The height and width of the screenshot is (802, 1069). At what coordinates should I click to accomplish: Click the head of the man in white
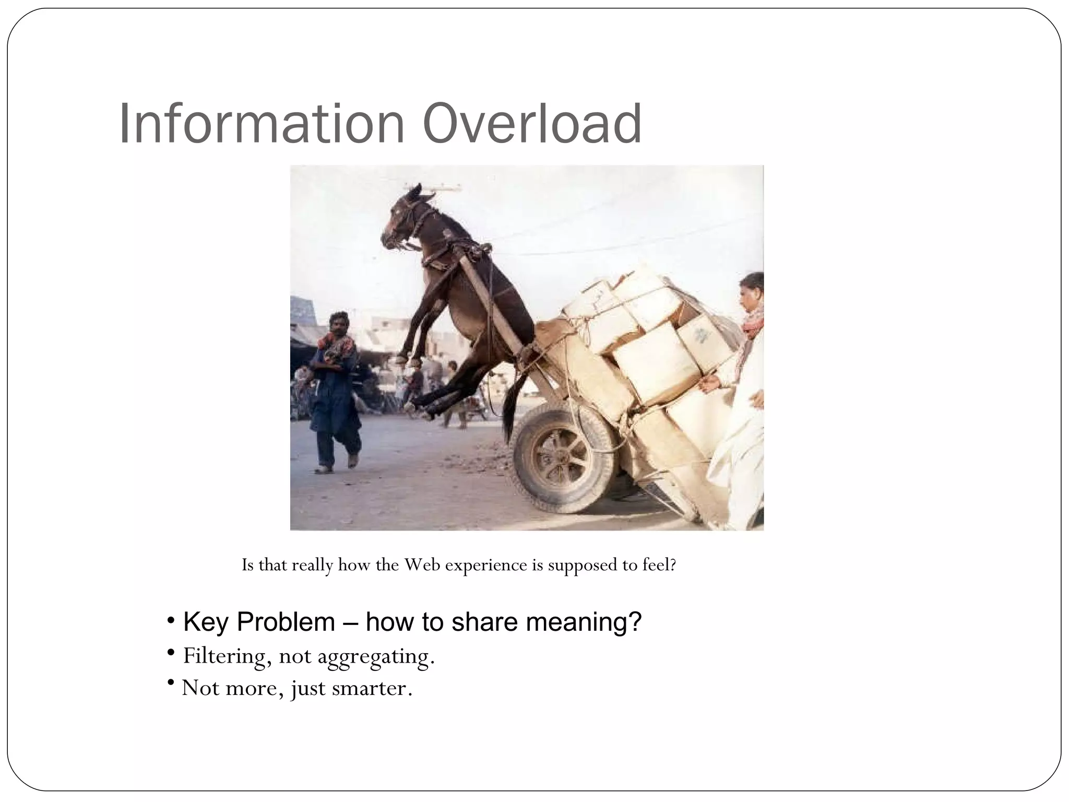[752, 295]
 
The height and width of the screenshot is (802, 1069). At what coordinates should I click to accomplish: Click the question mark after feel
[673, 565]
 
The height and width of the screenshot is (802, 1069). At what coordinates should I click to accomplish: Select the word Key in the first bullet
[205, 622]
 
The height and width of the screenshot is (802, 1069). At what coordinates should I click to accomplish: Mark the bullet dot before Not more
[171, 683]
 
